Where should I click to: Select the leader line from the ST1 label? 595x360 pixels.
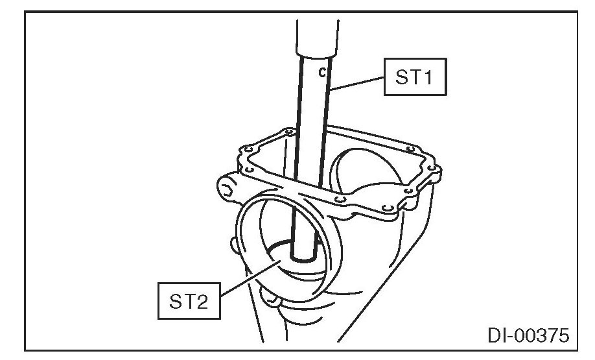click(x=360, y=82)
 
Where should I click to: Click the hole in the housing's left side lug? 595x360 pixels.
click(x=226, y=190)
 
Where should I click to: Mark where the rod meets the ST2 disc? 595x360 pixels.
click(x=303, y=256)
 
